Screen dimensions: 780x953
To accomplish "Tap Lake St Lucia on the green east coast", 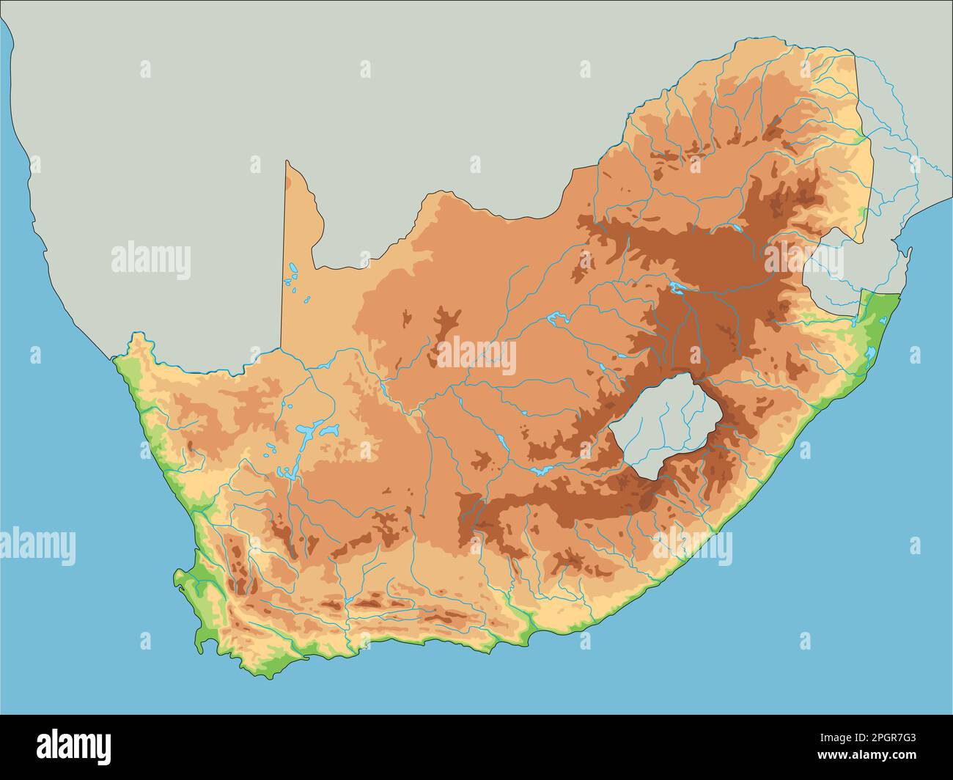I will [x=870, y=355].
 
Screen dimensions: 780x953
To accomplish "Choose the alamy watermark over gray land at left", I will [x=151, y=261].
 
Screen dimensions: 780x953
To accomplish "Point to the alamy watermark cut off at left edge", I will [x=37, y=547].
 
